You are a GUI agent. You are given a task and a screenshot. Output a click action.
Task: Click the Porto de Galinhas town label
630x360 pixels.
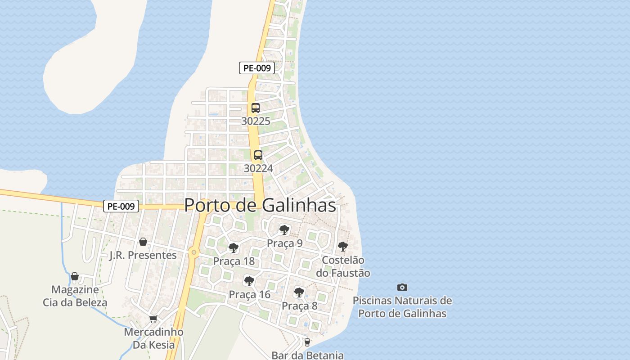[260, 205]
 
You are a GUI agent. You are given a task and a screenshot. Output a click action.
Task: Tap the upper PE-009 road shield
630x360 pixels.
[256, 68]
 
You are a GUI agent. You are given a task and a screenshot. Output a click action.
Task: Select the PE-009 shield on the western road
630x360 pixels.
[121, 207]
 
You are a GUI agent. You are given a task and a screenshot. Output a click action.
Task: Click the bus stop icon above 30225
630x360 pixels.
[256, 108]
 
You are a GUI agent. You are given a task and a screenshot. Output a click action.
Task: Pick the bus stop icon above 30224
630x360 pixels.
[258, 155]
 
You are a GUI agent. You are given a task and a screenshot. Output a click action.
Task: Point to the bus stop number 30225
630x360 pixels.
[256, 121]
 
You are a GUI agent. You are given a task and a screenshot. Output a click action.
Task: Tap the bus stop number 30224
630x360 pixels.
[258, 168]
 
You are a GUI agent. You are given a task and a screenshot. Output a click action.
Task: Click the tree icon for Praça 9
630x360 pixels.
[284, 230]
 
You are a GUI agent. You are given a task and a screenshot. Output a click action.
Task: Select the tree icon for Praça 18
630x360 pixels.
[234, 248]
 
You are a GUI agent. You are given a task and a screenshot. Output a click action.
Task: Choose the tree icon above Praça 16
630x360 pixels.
[249, 281]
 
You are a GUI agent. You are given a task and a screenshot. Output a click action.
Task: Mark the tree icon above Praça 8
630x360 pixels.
[299, 292]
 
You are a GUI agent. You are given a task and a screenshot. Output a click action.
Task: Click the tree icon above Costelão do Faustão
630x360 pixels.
[343, 247]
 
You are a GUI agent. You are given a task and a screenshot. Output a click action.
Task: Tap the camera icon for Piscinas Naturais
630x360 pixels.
[402, 287]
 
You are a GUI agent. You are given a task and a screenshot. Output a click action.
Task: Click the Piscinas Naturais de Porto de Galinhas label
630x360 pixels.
[402, 307]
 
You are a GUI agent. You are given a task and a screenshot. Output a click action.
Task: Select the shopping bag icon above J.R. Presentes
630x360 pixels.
[143, 242]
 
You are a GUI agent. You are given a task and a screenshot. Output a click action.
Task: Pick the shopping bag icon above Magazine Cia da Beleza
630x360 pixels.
[75, 276]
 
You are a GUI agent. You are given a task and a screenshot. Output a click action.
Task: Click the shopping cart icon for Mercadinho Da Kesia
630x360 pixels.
[153, 319]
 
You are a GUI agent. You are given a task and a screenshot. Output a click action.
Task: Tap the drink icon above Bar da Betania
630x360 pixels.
[307, 342]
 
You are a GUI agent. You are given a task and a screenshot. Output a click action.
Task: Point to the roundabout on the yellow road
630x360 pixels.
[194, 252]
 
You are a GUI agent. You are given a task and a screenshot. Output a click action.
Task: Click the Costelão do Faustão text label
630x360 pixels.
[343, 266]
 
